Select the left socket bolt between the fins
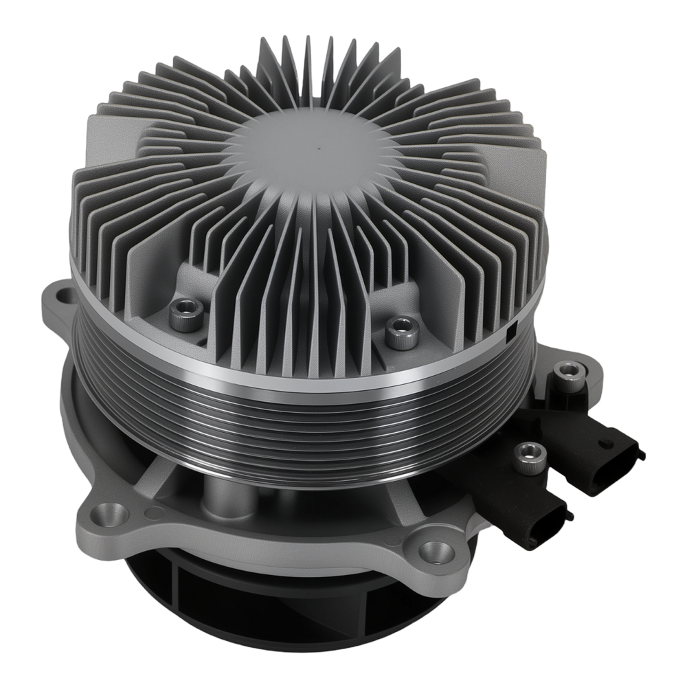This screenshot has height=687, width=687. pos(186,315)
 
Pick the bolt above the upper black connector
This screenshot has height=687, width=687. pos(567,373)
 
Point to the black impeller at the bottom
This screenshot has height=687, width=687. pos(206,605)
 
